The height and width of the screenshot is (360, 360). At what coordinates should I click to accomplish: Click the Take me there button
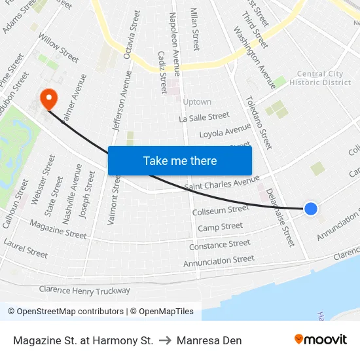click(180, 160)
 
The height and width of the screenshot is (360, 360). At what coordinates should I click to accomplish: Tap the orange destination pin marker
click(48, 99)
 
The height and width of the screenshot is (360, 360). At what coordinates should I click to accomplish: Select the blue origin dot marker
click(311, 208)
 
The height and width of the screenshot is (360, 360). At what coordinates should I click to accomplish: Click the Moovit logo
click(321, 340)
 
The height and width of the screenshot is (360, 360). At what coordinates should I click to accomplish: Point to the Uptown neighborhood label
click(197, 102)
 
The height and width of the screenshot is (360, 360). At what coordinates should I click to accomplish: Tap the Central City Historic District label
click(325, 79)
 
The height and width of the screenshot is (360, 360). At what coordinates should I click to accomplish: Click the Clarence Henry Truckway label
click(84, 290)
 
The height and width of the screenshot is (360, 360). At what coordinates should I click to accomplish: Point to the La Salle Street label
click(204, 117)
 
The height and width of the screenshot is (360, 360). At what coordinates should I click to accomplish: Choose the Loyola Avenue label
click(225, 132)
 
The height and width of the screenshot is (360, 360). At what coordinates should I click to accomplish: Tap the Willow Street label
click(58, 48)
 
